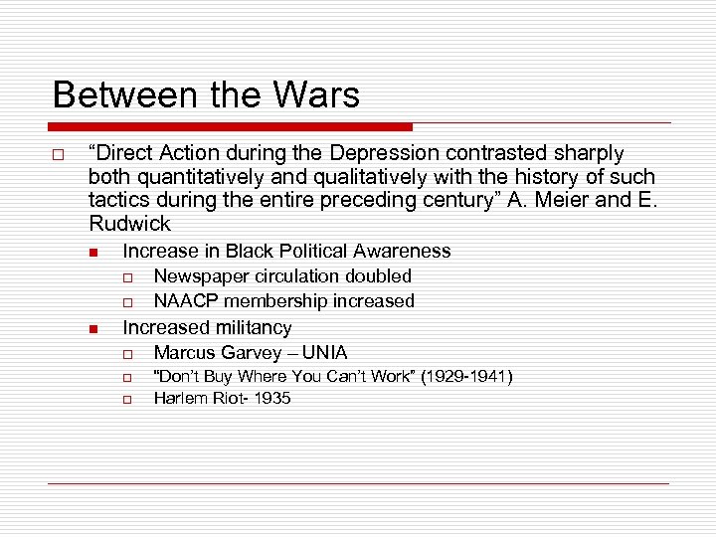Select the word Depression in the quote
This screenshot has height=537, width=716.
pos(381,153)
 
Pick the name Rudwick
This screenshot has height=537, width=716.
pos(129,225)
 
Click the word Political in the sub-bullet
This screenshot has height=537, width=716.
pos(305,252)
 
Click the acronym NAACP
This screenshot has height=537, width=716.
pos(185,301)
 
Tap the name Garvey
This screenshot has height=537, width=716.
pos(256,353)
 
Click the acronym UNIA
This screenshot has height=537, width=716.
pos(324,353)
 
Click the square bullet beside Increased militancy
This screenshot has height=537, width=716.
pos(90,329)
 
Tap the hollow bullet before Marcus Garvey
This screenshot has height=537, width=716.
pos(128,354)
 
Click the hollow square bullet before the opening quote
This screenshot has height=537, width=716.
pos(59,156)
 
